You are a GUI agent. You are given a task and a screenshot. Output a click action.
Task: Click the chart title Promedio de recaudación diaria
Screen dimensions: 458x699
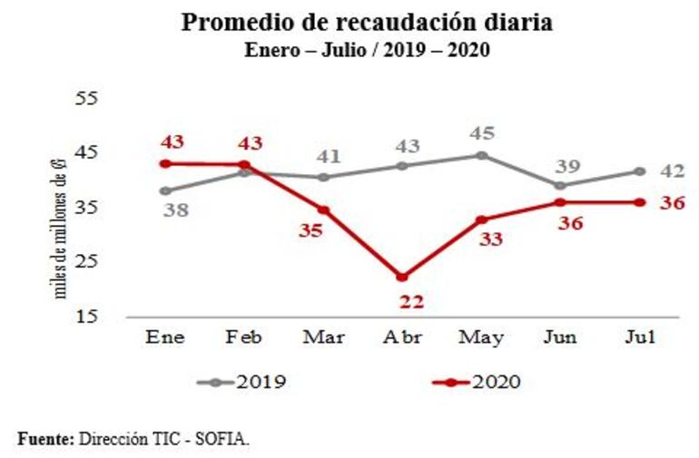367,22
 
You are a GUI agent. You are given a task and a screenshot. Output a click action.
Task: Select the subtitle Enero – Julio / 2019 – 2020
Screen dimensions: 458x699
367,50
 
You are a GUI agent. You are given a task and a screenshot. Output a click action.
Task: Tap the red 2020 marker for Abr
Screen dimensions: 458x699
402,277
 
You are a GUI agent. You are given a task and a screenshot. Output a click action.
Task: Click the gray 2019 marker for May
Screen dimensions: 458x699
482,155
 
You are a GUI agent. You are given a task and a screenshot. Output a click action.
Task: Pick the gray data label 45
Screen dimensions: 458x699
481,133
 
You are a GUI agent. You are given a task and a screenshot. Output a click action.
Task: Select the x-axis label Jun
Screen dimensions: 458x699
561,337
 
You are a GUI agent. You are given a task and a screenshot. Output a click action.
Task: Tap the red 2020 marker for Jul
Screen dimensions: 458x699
640,202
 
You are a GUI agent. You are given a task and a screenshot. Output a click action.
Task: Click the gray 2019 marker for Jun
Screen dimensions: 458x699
561,185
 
